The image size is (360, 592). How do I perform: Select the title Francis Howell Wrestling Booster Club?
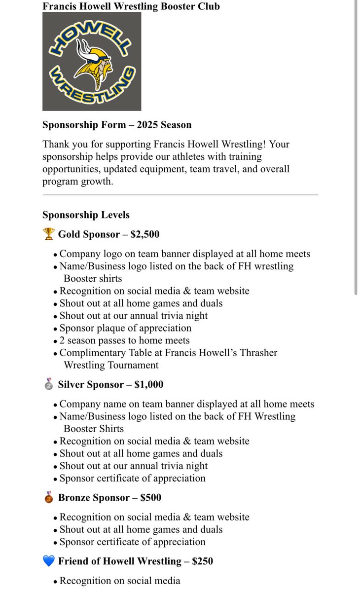point(131,6)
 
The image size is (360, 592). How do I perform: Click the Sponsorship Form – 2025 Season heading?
point(117,125)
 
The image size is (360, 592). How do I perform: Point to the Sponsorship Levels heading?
point(86,215)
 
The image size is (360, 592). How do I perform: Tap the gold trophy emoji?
point(48,234)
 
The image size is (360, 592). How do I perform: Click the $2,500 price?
point(145,234)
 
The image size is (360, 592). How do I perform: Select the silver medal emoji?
point(48,384)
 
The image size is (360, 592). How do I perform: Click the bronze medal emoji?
point(48,497)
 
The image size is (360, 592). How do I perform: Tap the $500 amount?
point(151,497)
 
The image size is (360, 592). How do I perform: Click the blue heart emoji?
point(48,561)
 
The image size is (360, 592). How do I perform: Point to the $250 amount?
point(203,561)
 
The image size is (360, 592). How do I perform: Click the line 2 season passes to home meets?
point(124,340)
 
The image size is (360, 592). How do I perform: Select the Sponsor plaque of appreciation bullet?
point(125,328)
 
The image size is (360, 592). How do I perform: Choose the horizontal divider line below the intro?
point(180,195)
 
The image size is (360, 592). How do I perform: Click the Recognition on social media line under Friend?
point(119,581)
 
